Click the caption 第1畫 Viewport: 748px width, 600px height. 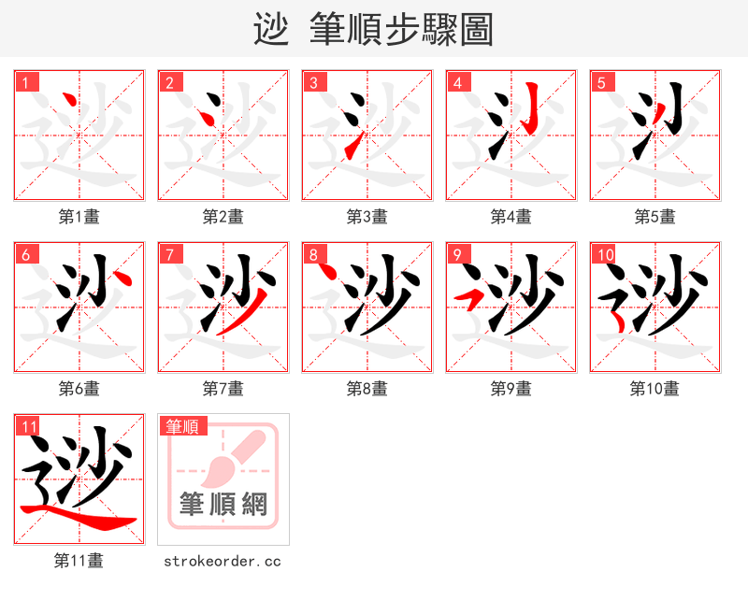point(79,217)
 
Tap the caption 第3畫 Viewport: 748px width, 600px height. point(367,217)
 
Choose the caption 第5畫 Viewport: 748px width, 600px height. point(655,217)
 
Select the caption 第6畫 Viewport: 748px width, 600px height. point(79,389)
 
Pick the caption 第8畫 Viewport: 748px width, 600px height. point(367,389)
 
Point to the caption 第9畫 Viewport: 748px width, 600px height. point(511,389)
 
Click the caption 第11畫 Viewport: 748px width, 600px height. point(79,561)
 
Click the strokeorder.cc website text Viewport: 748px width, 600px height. point(223,561)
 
